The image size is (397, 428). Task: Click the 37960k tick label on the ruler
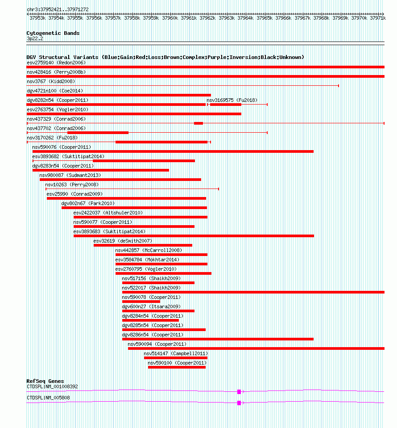click(170, 18)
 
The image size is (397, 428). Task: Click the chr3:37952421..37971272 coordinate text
click(58, 9)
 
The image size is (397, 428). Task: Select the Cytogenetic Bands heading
click(53, 33)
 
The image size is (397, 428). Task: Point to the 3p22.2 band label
click(35, 38)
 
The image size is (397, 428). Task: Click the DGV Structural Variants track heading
click(165, 57)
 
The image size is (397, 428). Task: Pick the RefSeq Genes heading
click(45, 381)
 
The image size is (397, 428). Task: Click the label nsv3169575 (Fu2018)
click(232, 100)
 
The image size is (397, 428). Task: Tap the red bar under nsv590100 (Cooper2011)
click(177, 367)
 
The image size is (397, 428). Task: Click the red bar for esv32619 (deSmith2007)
click(143, 245)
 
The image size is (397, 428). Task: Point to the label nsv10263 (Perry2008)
click(71, 185)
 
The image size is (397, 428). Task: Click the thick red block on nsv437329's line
click(198, 123)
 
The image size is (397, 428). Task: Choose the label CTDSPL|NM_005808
click(48, 398)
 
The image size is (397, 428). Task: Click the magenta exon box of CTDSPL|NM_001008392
click(239, 392)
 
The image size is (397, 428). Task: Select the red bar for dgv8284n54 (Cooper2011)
click(150, 320)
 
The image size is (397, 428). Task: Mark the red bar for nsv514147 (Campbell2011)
click(175, 358)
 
